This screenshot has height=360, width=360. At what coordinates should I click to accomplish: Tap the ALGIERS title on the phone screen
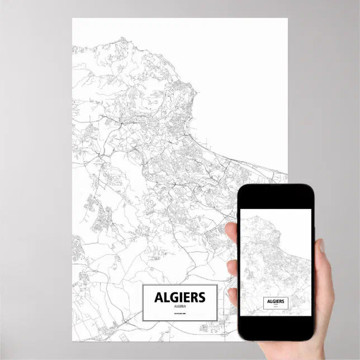[275, 301]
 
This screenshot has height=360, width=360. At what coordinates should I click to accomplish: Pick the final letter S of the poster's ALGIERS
[201, 297]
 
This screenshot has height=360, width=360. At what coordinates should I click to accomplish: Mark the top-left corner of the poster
[73, 18]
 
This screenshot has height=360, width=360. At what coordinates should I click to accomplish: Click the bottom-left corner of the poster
[73, 340]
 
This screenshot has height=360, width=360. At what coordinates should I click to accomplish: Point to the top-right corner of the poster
[287, 18]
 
